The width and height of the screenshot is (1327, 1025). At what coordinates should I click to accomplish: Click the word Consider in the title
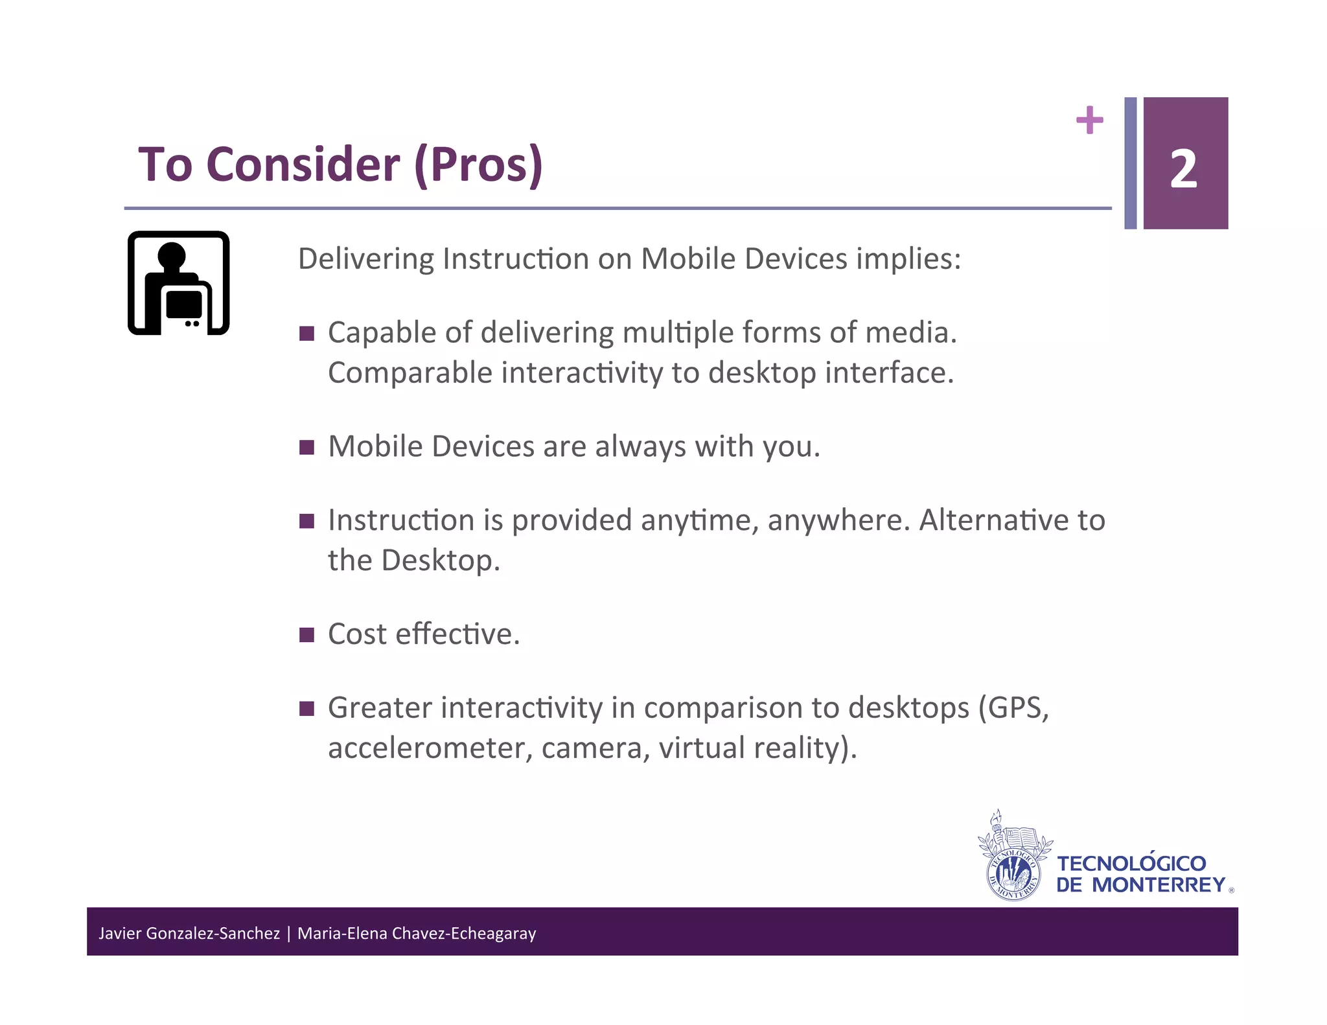point(303,165)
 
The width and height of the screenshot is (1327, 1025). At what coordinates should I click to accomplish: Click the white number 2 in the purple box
point(1183,169)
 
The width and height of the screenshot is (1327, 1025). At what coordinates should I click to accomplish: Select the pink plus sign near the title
point(1089,120)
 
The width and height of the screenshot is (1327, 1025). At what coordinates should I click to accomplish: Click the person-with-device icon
point(179,283)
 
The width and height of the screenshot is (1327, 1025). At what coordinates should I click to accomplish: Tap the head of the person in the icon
point(172,255)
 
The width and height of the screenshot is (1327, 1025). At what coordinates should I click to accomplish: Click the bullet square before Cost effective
point(306,634)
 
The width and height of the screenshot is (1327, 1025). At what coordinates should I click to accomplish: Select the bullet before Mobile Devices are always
point(306,447)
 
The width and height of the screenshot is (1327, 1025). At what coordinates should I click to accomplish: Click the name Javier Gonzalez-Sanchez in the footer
point(189,933)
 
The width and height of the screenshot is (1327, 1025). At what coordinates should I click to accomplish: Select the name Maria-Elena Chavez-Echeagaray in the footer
point(417,933)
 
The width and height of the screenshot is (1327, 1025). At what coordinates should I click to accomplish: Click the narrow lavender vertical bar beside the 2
point(1130,163)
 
